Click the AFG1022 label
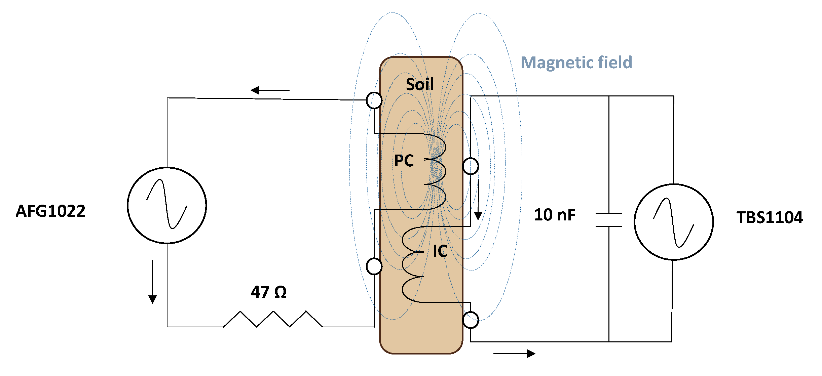[x=50, y=211]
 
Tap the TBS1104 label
[x=770, y=217]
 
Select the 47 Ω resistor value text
[x=268, y=292]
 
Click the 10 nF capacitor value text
[x=555, y=215]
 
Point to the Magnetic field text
[x=576, y=62]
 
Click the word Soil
[x=420, y=84]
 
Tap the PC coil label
[x=404, y=161]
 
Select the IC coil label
[x=440, y=251]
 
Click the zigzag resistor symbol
[x=273, y=319]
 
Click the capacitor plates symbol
[x=609, y=220]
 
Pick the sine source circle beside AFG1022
[x=167, y=205]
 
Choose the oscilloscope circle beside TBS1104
[x=674, y=222]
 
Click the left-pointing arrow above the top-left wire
[x=270, y=90]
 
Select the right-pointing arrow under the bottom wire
[x=514, y=353]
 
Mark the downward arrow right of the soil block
[x=478, y=200]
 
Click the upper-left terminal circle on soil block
[x=374, y=100]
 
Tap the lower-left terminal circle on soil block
[x=374, y=266]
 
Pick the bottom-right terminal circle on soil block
[x=471, y=320]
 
